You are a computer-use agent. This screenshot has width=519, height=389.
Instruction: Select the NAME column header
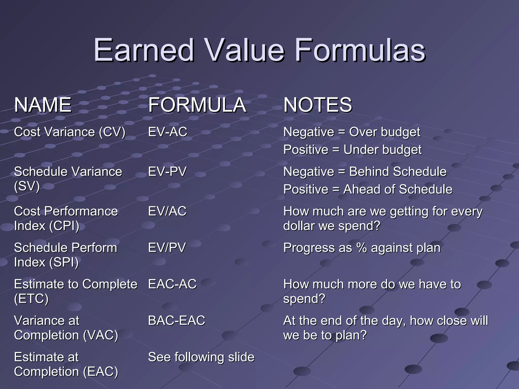tap(43, 105)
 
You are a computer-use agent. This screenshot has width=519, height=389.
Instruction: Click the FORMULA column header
tap(197, 105)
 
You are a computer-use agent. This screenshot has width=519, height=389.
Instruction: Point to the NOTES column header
tap(318, 105)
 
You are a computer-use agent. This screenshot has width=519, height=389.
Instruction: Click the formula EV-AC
tap(168, 132)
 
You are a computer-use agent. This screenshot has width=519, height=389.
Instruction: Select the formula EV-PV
tap(167, 172)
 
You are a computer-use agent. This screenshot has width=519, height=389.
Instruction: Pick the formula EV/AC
tap(167, 211)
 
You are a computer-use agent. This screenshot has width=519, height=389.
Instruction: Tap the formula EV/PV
tap(167, 248)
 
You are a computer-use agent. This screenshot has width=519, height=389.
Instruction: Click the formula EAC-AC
tap(172, 284)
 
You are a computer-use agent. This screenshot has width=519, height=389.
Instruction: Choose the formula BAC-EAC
tap(176, 321)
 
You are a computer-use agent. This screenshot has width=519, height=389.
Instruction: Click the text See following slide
tap(201, 357)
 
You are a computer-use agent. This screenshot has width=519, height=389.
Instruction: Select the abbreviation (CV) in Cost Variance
tap(112, 132)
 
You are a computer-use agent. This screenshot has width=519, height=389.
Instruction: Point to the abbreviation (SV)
tap(27, 186)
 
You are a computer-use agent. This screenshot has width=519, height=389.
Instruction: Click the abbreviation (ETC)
tap(31, 299)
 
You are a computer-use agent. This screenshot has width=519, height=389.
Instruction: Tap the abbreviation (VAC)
tap(101, 335)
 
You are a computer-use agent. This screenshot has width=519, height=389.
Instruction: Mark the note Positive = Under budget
tap(352, 150)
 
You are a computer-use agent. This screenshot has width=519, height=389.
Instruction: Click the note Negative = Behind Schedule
tap(365, 172)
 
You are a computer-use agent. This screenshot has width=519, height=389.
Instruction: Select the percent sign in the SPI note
tap(361, 248)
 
